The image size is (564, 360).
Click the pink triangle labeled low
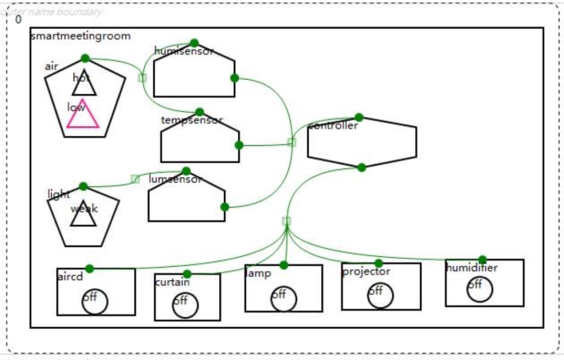[82, 116]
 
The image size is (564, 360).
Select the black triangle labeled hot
[84, 84]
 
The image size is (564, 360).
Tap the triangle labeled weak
[83, 213]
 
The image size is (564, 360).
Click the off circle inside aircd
[94, 302]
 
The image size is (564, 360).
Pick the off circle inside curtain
[185, 306]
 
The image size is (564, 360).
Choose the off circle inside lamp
[284, 297]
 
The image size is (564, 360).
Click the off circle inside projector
[380, 295]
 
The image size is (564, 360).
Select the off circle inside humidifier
[479, 289]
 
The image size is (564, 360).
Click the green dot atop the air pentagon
[85, 58]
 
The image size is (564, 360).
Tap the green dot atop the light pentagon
[83, 186]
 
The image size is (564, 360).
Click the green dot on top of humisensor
[194, 44]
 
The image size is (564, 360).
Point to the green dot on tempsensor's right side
[239, 145]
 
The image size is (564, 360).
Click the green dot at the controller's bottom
[361, 167]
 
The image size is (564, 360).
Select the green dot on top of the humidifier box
[482, 259]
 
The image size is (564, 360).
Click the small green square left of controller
[291, 142]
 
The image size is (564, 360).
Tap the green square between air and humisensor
[142, 77]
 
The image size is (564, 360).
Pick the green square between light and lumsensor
[135, 179]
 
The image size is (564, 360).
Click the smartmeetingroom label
[81, 36]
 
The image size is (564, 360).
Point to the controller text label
[333, 126]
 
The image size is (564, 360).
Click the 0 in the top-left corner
[19, 19]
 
